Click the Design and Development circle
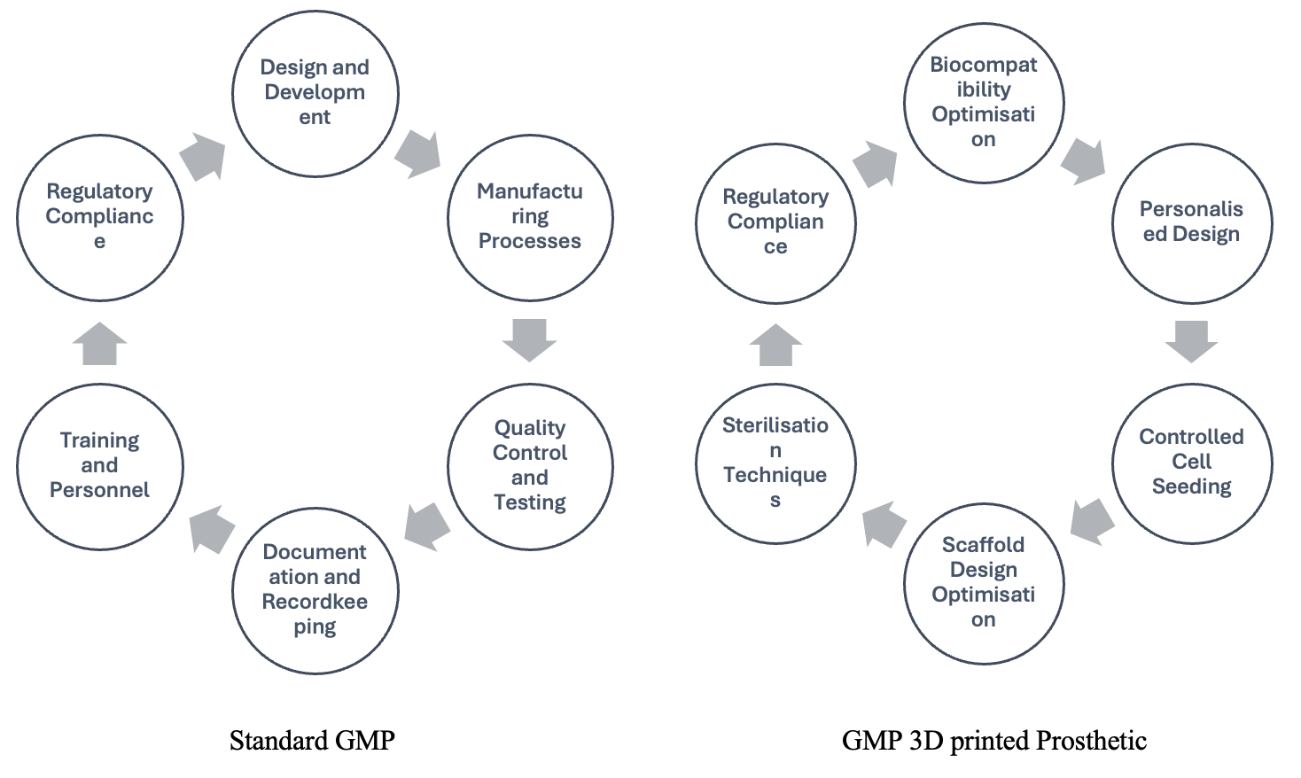click(315, 93)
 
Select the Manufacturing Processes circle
click(530, 217)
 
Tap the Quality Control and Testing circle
click(530, 466)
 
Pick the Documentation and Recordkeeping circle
click(315, 590)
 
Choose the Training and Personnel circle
click(99, 466)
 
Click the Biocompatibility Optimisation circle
click(983, 102)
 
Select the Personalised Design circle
click(1191, 222)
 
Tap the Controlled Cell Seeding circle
click(1191, 463)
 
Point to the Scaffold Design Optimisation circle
click(983, 583)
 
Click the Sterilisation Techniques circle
click(775, 463)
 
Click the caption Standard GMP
click(312, 741)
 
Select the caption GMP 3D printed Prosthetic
click(993, 741)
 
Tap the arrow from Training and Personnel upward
click(99, 344)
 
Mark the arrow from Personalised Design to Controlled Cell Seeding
click(1191, 341)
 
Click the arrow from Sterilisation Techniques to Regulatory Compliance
click(775, 345)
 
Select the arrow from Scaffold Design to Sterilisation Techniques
click(884, 524)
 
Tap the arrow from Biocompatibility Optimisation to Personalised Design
click(1084, 160)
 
